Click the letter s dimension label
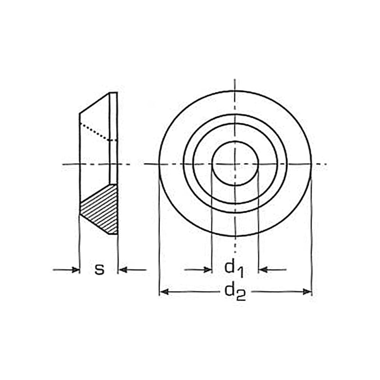99,269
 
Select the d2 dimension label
235,291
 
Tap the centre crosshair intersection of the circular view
235,164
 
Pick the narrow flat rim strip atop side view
113,138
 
